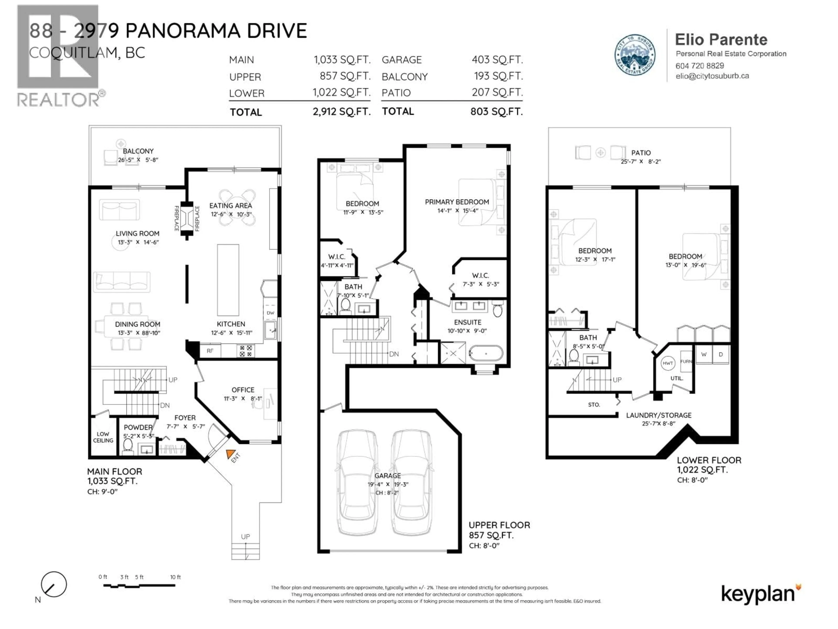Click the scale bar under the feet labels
pyautogui.click(x=139, y=586)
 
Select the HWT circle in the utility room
pyautogui.click(x=668, y=363)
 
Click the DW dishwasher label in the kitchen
pyautogui.click(x=270, y=313)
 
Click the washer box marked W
pyautogui.click(x=704, y=354)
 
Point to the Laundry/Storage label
pyautogui.click(x=658, y=415)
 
